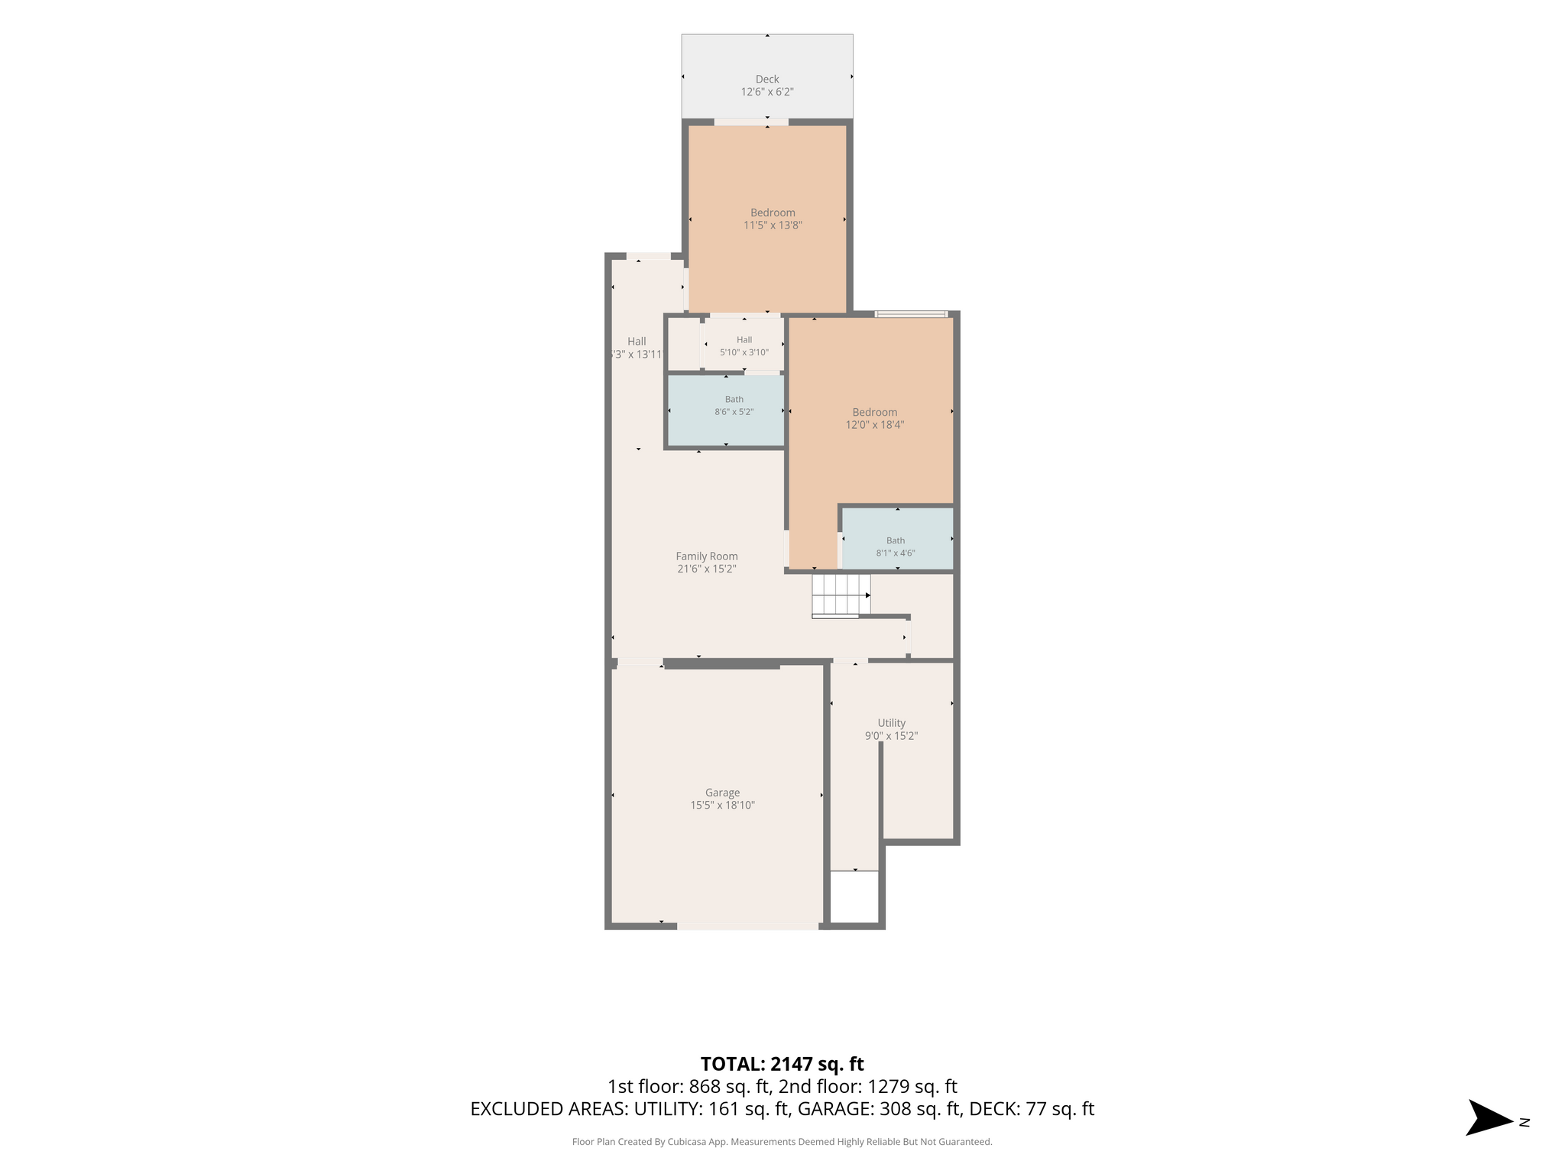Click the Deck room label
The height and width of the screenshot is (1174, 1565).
coord(767,79)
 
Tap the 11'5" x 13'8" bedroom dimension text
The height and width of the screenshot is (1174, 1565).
coord(773,225)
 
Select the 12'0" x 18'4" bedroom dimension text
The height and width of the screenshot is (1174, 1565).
coord(874,425)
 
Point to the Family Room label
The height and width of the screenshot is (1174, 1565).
coord(707,556)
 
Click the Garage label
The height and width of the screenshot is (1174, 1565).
coord(722,793)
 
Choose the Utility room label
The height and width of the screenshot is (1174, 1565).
coord(891,723)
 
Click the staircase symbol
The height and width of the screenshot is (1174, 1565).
coord(841,595)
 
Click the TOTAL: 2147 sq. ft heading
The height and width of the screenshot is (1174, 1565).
coord(782,1063)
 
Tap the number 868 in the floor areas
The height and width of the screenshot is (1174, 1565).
coord(705,1086)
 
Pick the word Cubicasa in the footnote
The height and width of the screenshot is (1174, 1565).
coord(685,1142)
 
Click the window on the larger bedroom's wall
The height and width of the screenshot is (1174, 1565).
coord(911,313)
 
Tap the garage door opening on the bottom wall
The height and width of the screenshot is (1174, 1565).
coord(747,926)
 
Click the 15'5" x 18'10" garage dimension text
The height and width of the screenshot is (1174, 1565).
coord(722,806)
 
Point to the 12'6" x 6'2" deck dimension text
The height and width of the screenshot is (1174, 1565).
coord(767,92)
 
